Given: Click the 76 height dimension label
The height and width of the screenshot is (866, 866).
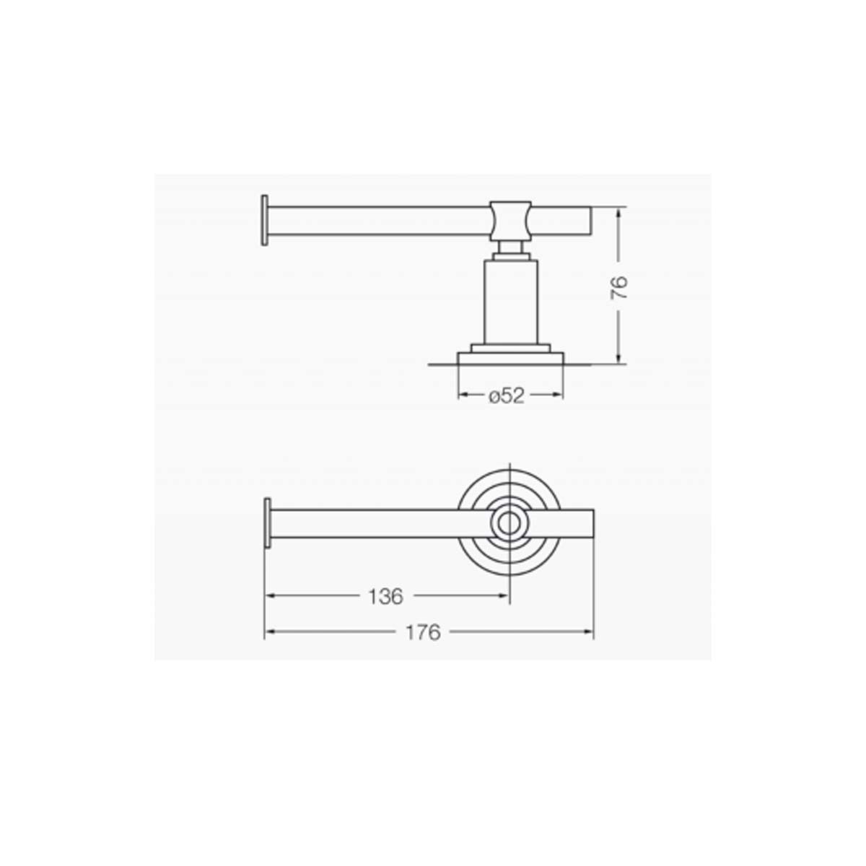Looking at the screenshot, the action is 620,288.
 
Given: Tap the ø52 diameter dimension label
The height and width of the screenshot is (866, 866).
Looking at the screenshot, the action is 507,395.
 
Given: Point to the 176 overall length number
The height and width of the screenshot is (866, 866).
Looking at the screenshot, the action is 423,633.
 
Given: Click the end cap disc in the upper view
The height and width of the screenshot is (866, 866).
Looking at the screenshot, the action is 265,220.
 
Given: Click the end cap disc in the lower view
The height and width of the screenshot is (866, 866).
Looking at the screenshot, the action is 268,523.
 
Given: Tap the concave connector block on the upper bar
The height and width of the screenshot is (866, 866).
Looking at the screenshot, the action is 510,221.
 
